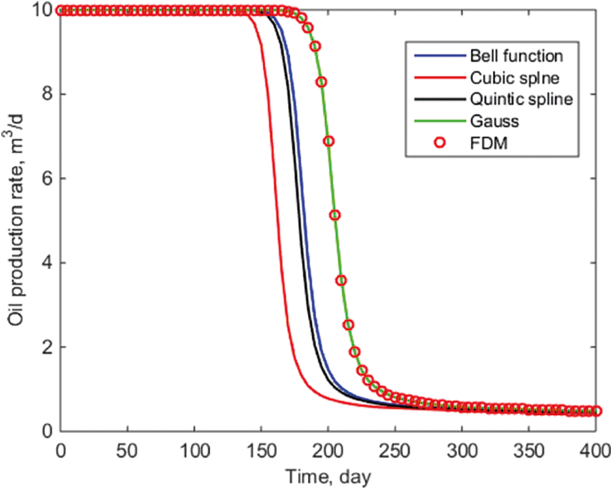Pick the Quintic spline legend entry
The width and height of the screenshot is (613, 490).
pyautogui.click(x=512, y=99)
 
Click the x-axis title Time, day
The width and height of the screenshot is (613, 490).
pyautogui.click(x=327, y=474)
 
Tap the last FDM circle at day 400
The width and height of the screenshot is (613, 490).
pyautogui.click(x=595, y=411)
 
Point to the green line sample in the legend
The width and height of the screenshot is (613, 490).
pyautogui.click(x=440, y=122)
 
